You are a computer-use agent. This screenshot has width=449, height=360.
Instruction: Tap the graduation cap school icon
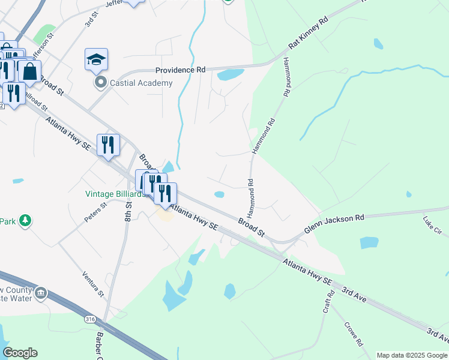click(96, 59)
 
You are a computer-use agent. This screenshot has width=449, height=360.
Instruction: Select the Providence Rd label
click(180, 70)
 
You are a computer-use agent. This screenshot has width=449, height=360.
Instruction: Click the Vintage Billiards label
click(115, 194)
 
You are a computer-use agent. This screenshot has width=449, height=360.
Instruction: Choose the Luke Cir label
click(432, 226)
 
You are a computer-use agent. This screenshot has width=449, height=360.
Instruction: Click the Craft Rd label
click(328, 303)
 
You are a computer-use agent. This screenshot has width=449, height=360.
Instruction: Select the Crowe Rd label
click(354, 335)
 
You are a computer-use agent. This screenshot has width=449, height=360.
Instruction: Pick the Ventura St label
click(92, 283)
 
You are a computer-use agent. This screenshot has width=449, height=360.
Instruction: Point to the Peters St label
click(95, 212)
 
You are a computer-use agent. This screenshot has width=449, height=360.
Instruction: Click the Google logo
click(20, 353)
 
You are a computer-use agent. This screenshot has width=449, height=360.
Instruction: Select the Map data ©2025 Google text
click(411, 355)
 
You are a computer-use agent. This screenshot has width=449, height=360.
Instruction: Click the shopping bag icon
click(29, 71)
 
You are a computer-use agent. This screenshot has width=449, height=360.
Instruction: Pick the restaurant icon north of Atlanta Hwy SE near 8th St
click(108, 145)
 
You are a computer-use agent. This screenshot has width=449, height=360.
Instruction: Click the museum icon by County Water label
click(41, 293)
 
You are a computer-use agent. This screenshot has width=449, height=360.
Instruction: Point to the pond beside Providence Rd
click(230, 75)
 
